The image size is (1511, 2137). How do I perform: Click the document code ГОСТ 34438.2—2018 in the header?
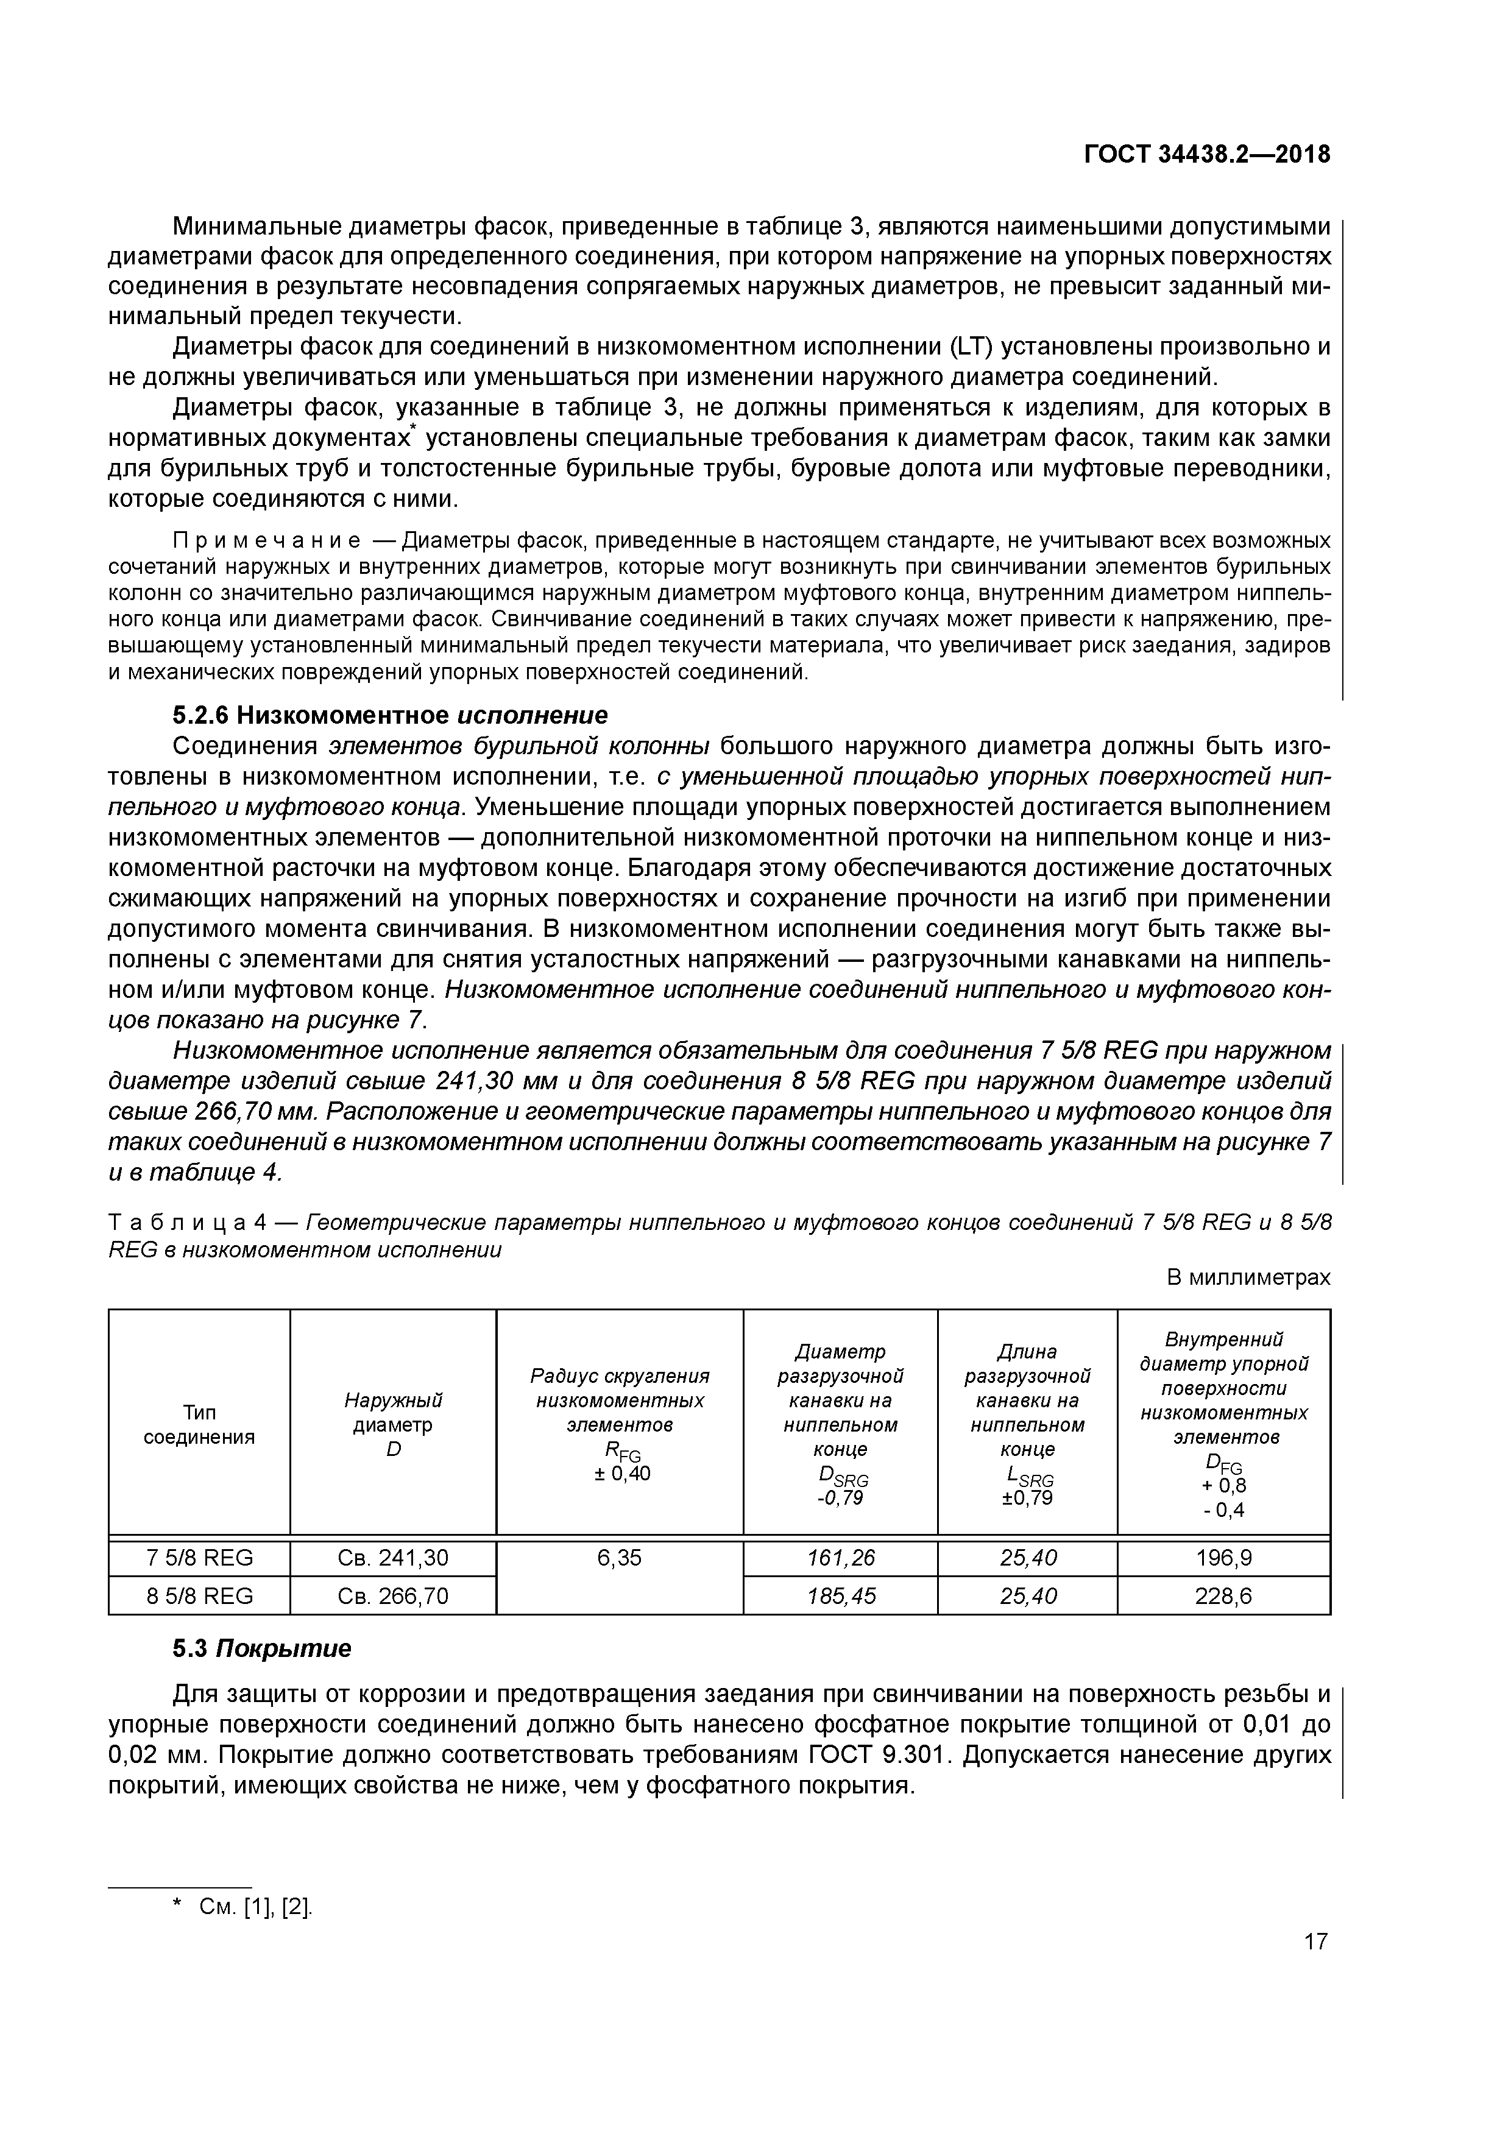tap(1208, 155)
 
